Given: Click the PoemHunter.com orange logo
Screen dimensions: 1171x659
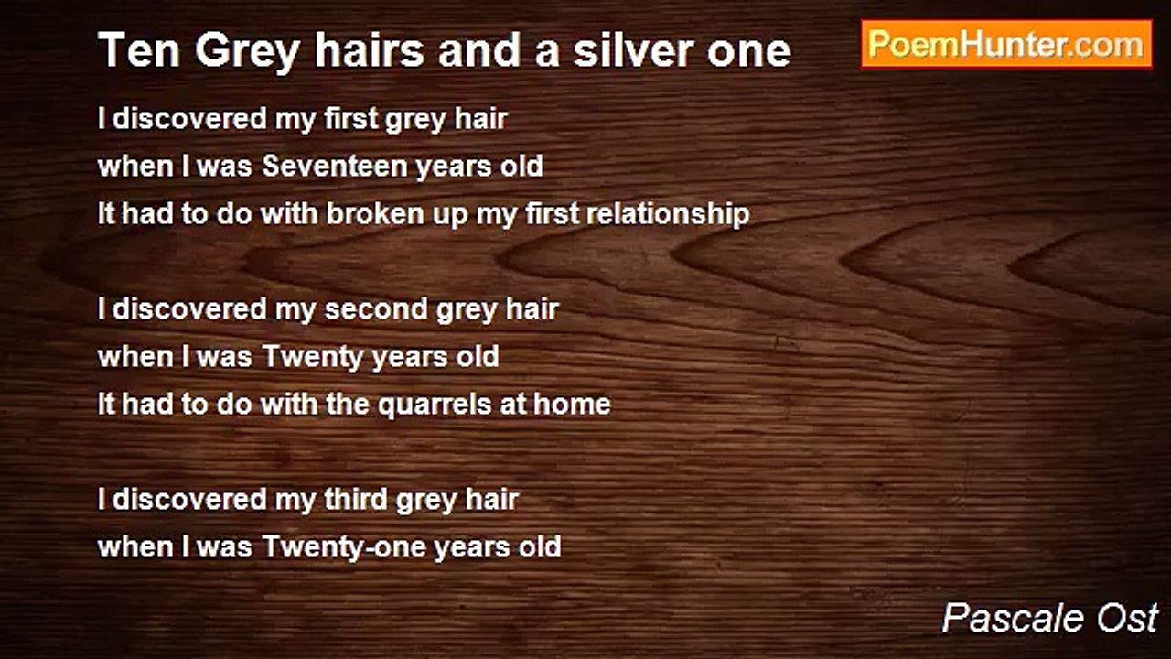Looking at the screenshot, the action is (1006, 45).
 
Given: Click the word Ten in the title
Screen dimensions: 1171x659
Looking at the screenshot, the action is (138, 50).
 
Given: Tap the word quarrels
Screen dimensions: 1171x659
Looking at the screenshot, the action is (435, 405).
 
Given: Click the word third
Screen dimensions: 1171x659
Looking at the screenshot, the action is (356, 500).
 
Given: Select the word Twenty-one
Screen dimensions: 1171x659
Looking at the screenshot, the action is (344, 547).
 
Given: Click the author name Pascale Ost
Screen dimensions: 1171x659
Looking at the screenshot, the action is (1049, 618).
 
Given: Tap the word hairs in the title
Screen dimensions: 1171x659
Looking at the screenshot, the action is (369, 50).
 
